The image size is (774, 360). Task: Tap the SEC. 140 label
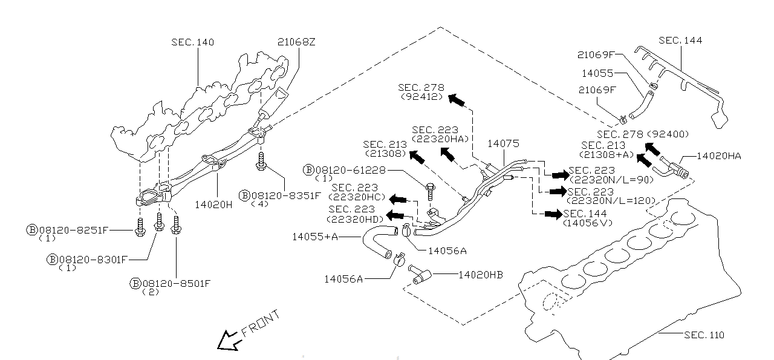click(x=192, y=42)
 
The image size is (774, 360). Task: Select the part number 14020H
click(x=213, y=205)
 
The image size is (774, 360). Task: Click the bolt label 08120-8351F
click(x=282, y=195)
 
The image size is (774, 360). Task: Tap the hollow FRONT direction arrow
click(x=228, y=340)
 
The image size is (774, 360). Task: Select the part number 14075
click(x=503, y=144)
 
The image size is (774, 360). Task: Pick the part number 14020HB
click(x=480, y=275)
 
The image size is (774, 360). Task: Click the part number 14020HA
click(x=718, y=155)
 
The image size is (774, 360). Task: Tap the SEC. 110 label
click(x=704, y=335)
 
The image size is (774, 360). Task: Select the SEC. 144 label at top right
click(x=680, y=41)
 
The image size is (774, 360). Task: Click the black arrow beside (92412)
click(x=457, y=99)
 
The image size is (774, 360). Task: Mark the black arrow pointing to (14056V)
click(x=552, y=214)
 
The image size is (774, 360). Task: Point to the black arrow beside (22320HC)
click(x=398, y=199)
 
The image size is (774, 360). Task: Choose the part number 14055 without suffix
click(x=597, y=73)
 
